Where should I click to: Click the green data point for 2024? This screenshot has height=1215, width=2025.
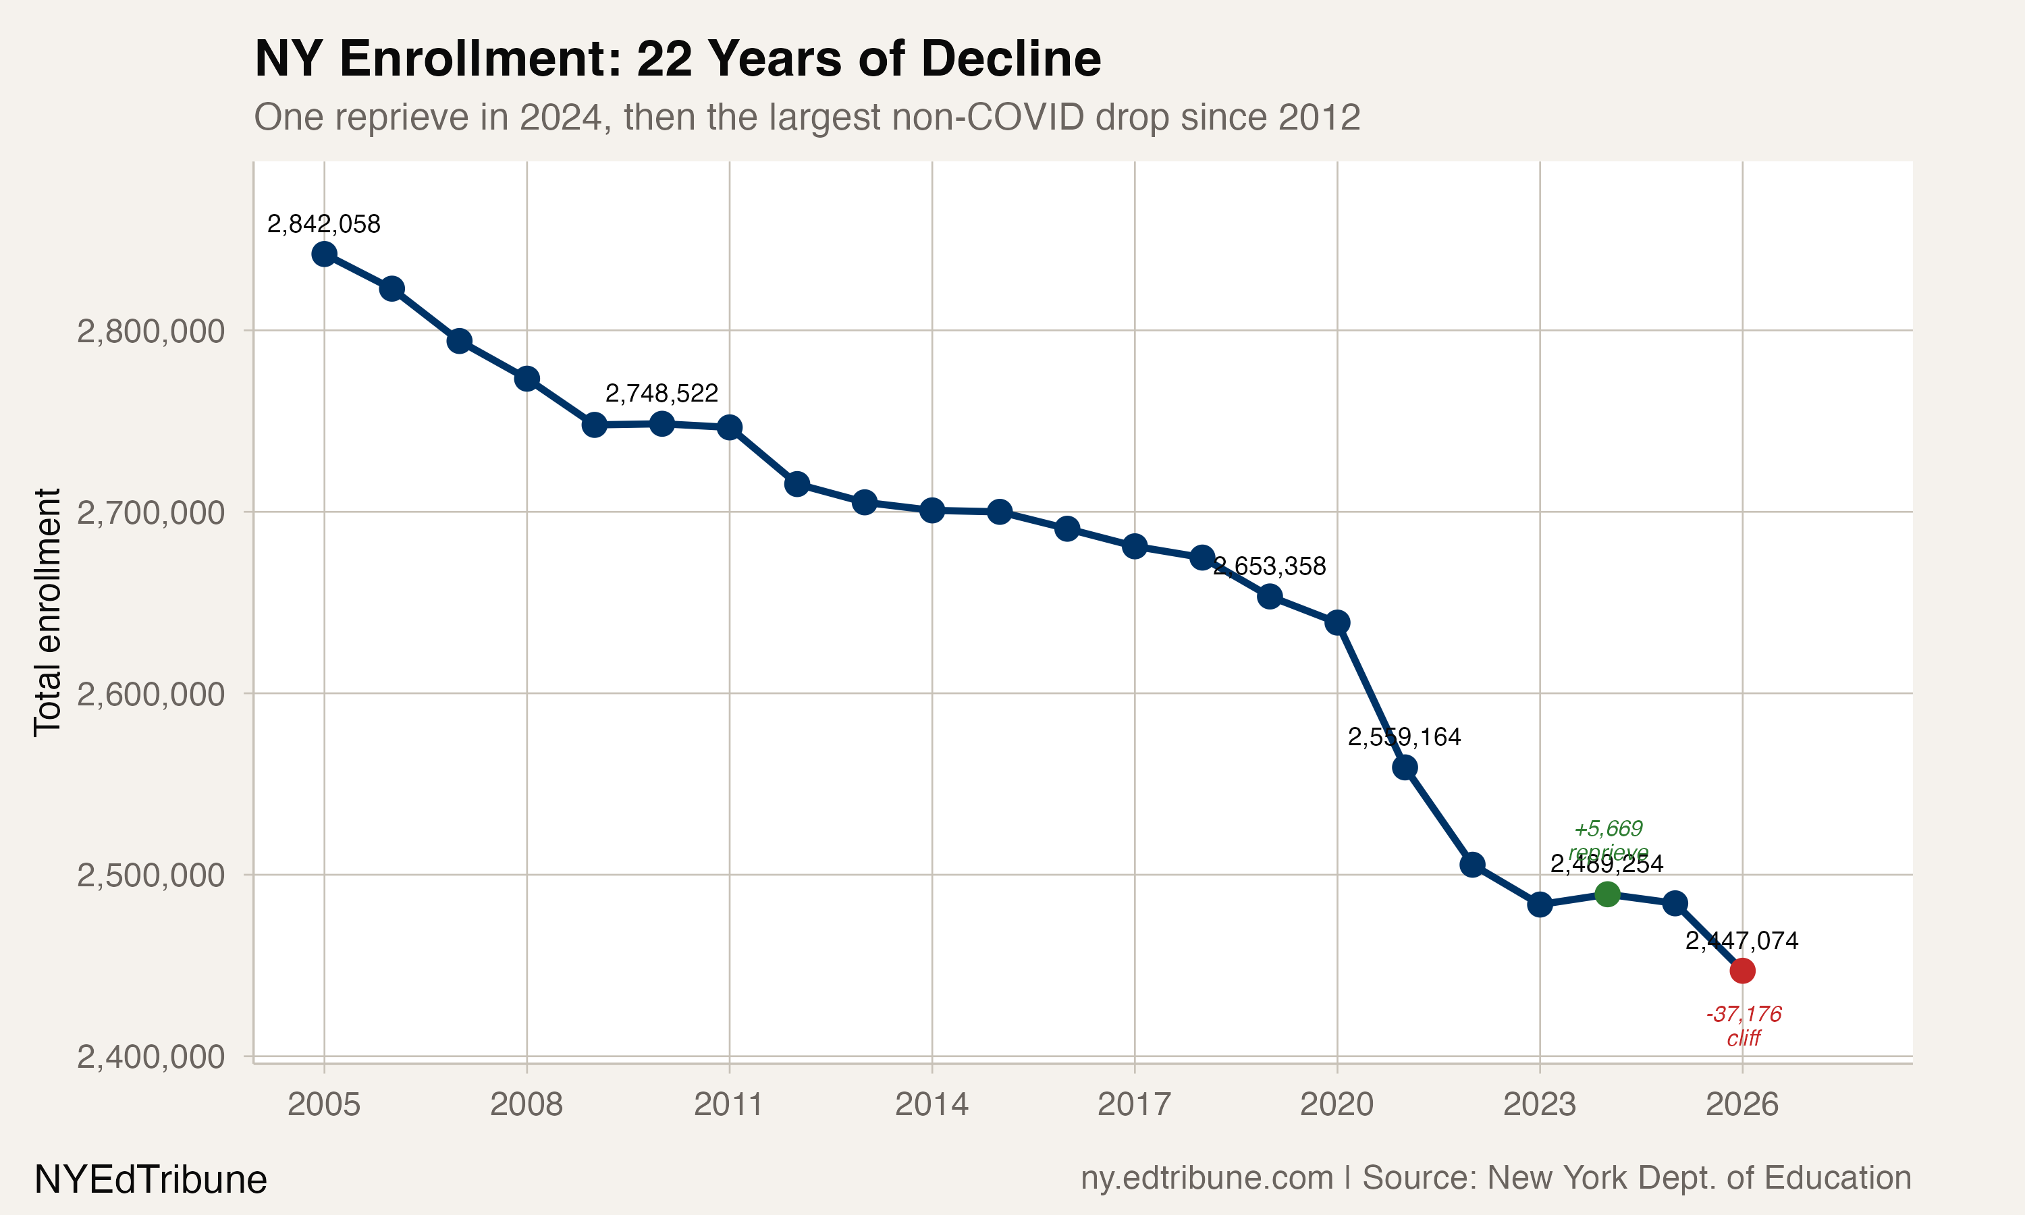point(1606,894)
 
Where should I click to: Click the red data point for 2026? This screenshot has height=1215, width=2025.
point(1742,970)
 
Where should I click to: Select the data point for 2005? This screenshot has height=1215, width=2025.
point(324,254)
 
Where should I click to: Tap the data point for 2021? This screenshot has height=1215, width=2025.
point(1405,767)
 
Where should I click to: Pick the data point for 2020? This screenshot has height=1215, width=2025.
point(1337,623)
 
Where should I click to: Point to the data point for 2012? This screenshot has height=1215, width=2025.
point(796,484)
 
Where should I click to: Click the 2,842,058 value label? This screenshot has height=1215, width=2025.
point(324,224)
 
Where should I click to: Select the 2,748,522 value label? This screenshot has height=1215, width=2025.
point(661,394)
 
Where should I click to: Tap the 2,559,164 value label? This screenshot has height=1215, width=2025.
point(1405,737)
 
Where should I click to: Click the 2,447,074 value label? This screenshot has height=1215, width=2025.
point(1742,941)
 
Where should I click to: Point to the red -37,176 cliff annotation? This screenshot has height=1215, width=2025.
point(1744,1026)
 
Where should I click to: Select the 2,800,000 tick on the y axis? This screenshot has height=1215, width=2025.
point(151,331)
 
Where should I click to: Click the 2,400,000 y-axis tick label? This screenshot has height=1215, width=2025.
point(151,1057)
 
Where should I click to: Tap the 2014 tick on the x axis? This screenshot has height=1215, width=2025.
point(932,1104)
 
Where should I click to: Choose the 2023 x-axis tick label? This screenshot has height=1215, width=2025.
point(1540,1104)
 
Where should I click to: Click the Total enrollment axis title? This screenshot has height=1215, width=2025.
point(47,612)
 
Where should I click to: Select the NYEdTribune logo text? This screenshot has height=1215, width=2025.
point(151,1180)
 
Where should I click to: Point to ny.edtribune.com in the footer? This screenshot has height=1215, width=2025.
point(1206,1178)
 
